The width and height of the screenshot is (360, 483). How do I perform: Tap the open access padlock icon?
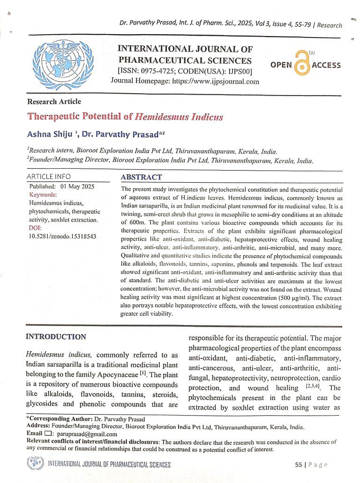[302, 65]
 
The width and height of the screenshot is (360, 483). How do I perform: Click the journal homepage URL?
[211, 81]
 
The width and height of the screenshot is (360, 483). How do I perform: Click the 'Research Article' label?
[54, 102]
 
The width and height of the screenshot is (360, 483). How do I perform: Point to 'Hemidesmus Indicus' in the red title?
[179, 117]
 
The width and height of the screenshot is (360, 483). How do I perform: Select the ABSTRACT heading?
[141, 177]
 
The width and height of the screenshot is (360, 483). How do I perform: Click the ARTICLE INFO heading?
[49, 177]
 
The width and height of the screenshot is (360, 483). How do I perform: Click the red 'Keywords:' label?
[43, 194]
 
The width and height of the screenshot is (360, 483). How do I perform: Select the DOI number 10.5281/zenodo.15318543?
[63, 236]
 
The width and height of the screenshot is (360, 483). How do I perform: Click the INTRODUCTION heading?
[56, 336]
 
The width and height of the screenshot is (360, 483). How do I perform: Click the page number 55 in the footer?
[299, 465]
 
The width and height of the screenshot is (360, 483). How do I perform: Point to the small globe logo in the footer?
[35, 464]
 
